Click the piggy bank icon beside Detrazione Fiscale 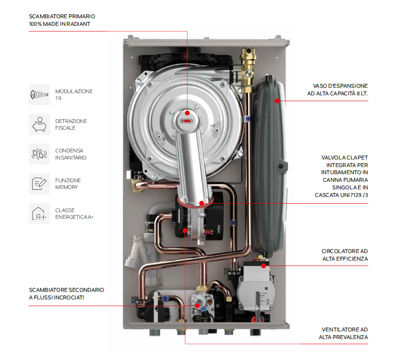(x=39, y=124)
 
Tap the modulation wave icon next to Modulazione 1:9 (x=39, y=94)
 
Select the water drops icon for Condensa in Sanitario (x=39, y=154)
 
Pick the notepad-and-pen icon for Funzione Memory (x=39, y=184)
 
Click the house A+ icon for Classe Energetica (x=39, y=213)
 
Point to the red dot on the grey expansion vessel (x=277, y=101)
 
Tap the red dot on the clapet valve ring (x=202, y=203)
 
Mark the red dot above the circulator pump (x=263, y=266)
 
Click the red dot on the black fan (x=186, y=230)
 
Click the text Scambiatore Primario (x=62, y=16)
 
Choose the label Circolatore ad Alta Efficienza (x=345, y=255)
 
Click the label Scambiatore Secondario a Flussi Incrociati (x=66, y=293)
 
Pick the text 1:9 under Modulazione (x=58, y=98)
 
